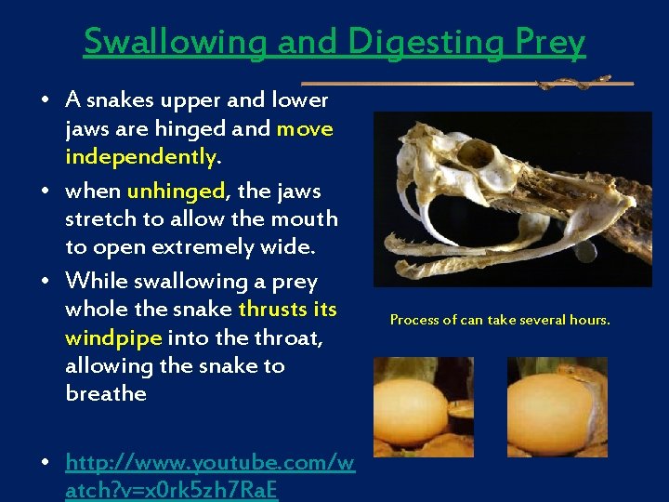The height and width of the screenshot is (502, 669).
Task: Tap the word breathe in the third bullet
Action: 106,393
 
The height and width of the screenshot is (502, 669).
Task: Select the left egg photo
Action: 423,406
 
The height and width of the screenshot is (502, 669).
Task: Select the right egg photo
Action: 557,406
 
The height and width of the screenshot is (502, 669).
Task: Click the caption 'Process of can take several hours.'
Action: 500,320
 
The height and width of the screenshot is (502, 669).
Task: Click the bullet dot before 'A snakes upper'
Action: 45,99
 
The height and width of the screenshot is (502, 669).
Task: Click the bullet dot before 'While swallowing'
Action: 45,282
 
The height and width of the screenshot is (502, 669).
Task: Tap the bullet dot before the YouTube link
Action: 45,462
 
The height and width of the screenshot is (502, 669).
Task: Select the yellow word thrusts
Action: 275,309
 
